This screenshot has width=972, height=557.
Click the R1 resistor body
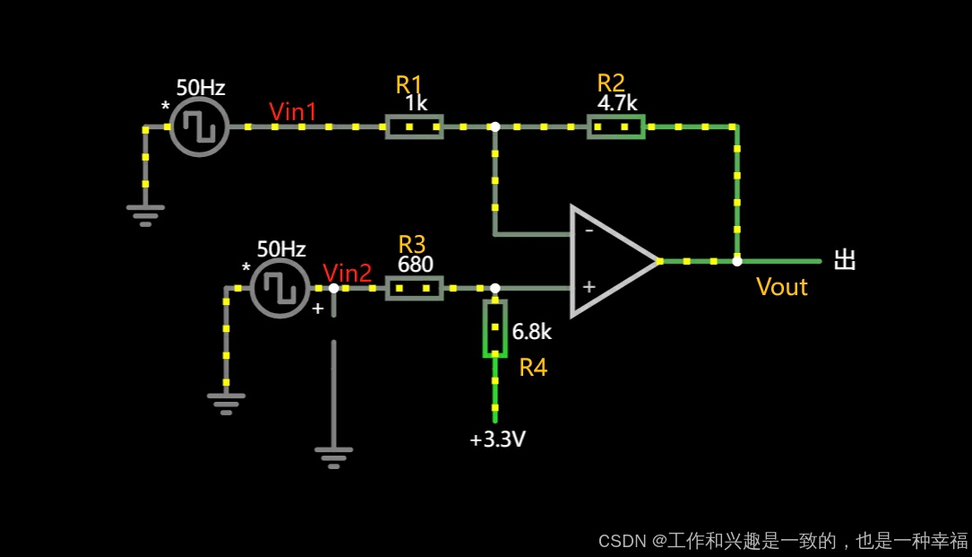[x=414, y=126]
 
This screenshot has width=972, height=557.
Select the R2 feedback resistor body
[x=616, y=126]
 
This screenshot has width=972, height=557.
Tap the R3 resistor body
[x=414, y=288]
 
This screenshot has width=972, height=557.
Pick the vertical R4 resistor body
[x=495, y=328]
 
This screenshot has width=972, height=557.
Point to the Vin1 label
[x=293, y=111]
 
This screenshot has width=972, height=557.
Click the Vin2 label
[x=347, y=273]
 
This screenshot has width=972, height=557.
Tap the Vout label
[x=781, y=287]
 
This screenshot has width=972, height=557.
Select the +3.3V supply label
[x=497, y=440]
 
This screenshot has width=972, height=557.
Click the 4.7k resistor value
[x=617, y=102]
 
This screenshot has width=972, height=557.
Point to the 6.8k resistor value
[x=531, y=332]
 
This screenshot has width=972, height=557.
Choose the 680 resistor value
[x=416, y=265]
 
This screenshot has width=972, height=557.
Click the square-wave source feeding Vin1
[x=200, y=126]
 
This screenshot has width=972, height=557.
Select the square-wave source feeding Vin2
[x=280, y=288]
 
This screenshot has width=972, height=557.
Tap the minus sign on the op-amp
[x=589, y=230]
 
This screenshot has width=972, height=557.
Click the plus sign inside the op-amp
[x=589, y=287]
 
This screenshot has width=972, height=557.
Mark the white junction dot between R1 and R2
[x=495, y=126]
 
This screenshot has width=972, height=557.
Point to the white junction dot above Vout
[x=736, y=261]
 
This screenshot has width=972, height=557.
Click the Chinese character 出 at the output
[x=845, y=260]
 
